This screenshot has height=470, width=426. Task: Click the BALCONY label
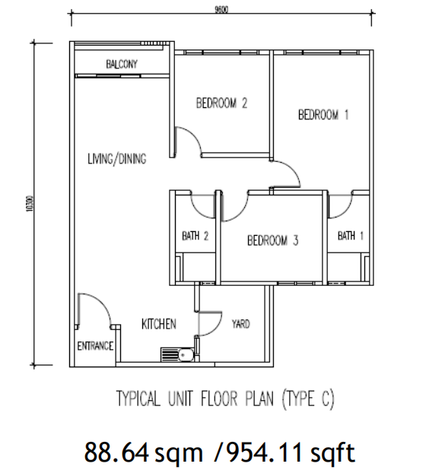point(122,64)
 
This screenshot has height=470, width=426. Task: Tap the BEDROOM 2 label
point(221,103)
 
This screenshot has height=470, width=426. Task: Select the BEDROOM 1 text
point(323,115)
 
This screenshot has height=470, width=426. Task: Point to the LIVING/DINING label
point(117,158)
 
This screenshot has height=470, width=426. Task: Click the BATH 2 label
point(196,236)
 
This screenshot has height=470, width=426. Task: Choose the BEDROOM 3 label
point(273,240)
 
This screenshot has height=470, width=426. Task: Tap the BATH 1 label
point(351,236)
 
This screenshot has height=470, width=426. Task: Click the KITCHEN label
point(158,324)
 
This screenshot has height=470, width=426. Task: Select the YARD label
point(240,324)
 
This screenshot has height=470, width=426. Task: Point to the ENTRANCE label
point(95,346)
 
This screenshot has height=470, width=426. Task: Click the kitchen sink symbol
point(177,354)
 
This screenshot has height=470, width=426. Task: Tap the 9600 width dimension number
point(221,10)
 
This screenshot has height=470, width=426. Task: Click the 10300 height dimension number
point(29,204)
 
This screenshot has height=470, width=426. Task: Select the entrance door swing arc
point(102,303)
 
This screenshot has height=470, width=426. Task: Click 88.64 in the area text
point(116,453)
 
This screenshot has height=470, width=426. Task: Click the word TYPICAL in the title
point(138,399)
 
